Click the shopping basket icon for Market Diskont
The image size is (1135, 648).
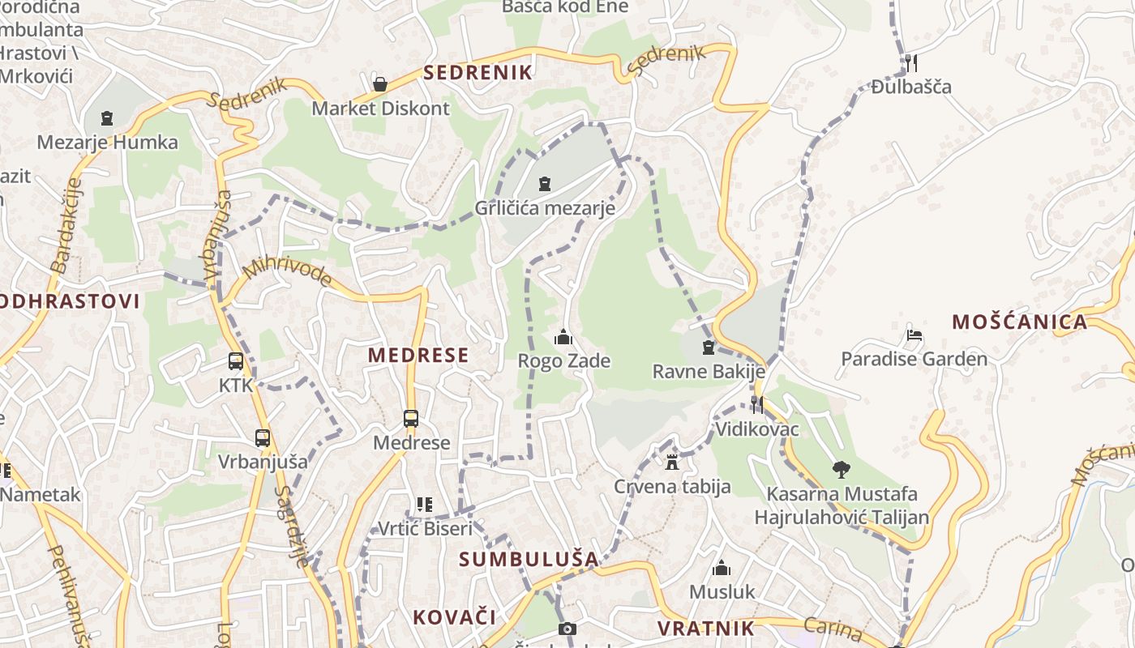coord(379,83)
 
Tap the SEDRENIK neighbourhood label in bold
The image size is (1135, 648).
coord(478,72)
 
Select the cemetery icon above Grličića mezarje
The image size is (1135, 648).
coord(545,184)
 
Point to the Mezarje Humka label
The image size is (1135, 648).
coord(107,143)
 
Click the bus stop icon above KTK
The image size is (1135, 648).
coord(236,361)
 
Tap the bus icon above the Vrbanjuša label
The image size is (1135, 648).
coord(263,438)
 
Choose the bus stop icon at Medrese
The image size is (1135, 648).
coord(411,419)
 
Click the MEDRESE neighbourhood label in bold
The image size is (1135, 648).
coord(418,355)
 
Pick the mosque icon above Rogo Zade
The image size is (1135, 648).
coord(563,337)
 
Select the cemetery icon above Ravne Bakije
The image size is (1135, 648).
coord(709,347)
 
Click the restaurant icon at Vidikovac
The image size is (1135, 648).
coord(756,405)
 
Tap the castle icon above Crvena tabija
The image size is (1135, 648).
coord(671,463)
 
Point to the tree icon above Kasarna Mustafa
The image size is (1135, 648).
coord(842,469)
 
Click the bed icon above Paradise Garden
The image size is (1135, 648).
coord(914,335)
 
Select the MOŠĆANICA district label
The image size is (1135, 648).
coord(1019,322)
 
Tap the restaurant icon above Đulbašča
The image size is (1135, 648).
coord(910,62)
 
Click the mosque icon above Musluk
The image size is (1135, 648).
coord(722,568)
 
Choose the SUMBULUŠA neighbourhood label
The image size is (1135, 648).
coord(529,559)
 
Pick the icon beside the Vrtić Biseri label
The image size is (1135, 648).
coord(424,505)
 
